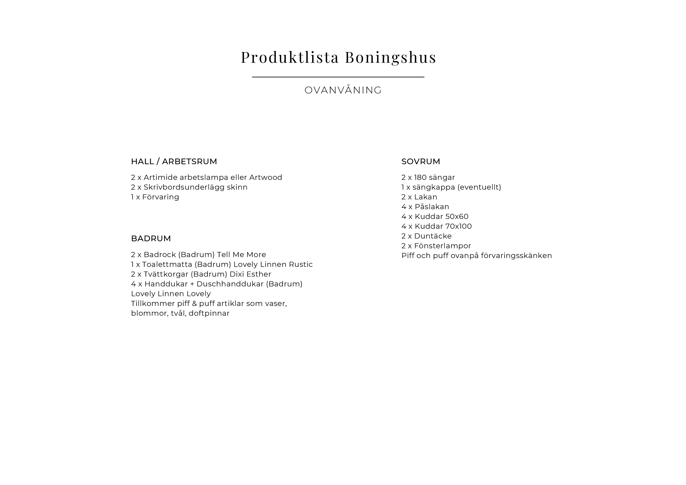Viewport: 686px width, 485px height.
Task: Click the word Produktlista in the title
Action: coord(290,57)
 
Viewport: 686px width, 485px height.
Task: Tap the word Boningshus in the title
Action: coord(391,57)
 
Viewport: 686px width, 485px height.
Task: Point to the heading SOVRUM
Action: coord(421,161)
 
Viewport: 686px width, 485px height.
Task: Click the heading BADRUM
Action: coord(151,239)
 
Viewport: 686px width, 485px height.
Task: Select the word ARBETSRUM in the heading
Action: coord(189,161)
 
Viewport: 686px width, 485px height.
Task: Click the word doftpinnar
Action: coord(209,313)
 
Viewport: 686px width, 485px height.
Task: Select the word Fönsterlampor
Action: coord(443,246)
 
